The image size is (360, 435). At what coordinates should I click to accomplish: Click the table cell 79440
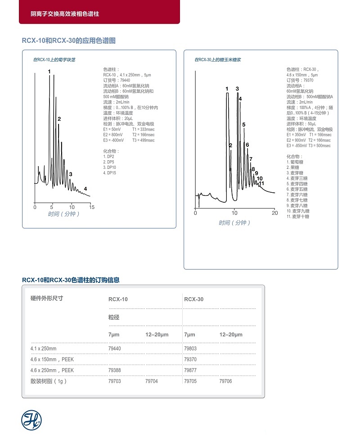click(x=115, y=349)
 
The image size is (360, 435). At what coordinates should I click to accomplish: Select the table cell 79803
click(x=190, y=349)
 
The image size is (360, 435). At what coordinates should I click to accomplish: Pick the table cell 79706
click(x=225, y=381)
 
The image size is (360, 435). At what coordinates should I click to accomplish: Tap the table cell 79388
click(x=115, y=370)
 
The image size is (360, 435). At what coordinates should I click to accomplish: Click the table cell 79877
click(x=190, y=370)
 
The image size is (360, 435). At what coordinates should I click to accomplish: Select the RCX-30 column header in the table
click(x=194, y=299)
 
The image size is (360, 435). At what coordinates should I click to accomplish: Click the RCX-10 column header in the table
click(x=118, y=299)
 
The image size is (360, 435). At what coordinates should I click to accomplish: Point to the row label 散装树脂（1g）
click(x=48, y=381)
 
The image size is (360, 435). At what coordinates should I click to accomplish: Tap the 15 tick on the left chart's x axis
click(x=91, y=207)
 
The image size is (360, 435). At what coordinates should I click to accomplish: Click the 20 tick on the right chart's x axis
click(x=274, y=213)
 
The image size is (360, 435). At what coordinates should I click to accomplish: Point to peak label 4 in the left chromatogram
click(x=85, y=189)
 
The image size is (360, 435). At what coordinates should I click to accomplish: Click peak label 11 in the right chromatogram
click(x=261, y=183)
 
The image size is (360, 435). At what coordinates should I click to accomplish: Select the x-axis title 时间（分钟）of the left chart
click(x=64, y=214)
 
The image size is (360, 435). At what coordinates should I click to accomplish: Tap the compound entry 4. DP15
click(x=110, y=173)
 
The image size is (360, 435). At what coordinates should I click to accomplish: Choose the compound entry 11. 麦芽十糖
click(x=298, y=217)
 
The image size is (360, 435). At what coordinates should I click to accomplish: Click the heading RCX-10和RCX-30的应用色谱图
click(x=69, y=41)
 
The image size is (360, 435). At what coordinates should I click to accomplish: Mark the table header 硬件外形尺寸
click(x=47, y=298)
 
